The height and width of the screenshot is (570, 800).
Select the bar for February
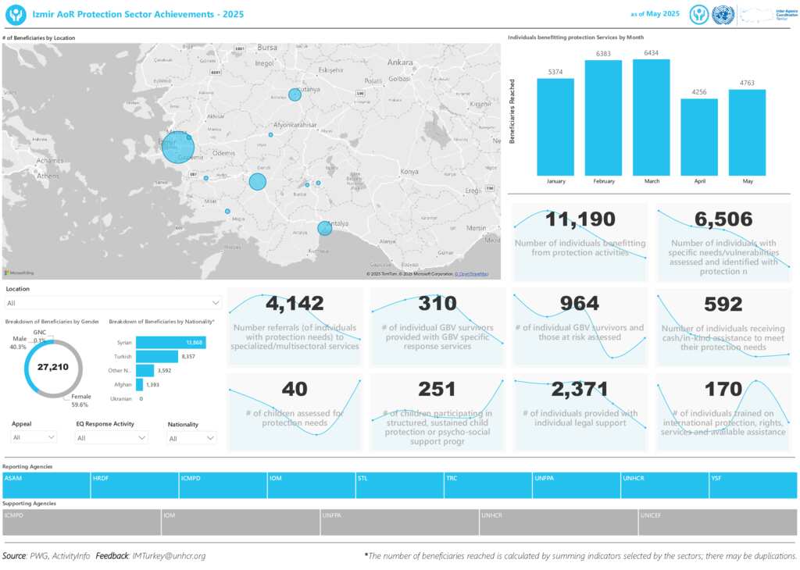(603, 117)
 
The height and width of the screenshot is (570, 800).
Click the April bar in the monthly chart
(699, 137)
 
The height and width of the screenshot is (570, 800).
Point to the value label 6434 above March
(652, 53)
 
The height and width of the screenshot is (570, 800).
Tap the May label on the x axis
(748, 181)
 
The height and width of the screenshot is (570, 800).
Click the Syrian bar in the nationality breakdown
(170, 342)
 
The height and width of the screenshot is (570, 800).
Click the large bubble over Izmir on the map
(178, 147)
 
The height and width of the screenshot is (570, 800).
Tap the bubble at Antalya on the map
(324, 228)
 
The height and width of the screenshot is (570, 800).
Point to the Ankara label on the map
(399, 62)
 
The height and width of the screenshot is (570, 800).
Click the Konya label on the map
(409, 171)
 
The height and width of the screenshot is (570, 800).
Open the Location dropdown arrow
(216, 302)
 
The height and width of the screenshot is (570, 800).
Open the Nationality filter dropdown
(191, 438)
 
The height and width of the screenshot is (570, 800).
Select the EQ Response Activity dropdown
(111, 438)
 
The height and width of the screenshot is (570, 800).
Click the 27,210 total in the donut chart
(54, 367)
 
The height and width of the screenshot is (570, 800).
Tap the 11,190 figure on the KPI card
(580, 219)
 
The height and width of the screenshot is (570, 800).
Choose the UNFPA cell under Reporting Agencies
(577, 485)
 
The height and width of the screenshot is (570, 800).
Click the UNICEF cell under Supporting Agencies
(717, 522)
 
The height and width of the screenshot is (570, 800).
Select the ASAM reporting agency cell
(46, 485)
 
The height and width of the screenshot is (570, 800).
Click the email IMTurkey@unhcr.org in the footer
(169, 556)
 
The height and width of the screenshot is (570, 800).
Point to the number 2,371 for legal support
(580, 390)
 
